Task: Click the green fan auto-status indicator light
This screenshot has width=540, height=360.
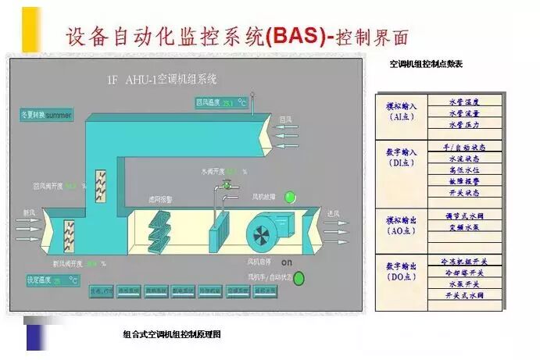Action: pyautogui.click(x=299, y=277)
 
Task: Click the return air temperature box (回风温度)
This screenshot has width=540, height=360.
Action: pyautogui.click(x=221, y=102)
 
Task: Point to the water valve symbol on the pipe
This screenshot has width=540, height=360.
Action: pyautogui.click(x=227, y=185)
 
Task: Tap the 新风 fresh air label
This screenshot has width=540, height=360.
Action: pyautogui.click(x=29, y=212)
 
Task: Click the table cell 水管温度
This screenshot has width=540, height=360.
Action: pyautogui.click(x=464, y=102)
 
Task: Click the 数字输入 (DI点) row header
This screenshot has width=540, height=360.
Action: pyautogui.click(x=402, y=156)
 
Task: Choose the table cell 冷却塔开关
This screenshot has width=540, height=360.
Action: pyautogui.click(x=464, y=273)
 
